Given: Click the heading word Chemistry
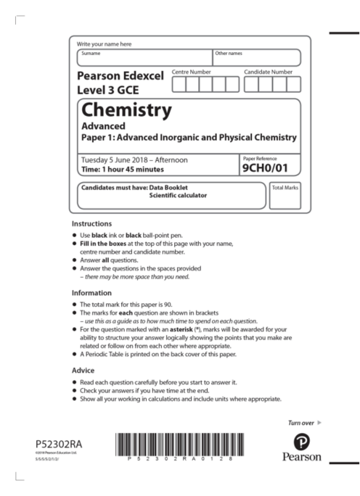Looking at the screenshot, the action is coord(127,110).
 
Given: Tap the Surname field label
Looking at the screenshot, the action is coord(91,53).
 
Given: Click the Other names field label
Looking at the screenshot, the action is coord(228,53).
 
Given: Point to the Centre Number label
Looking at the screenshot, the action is coord(192,72).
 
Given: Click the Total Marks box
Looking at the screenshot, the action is coord(285,195).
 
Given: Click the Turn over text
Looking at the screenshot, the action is coord(300,422).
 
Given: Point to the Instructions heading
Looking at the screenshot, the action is coord(91,223).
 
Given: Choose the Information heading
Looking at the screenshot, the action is coord(91,294).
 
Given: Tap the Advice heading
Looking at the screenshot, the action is coord(83,371).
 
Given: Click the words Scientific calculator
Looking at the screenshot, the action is coord(178,196).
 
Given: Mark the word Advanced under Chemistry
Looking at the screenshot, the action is coord(102,125).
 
